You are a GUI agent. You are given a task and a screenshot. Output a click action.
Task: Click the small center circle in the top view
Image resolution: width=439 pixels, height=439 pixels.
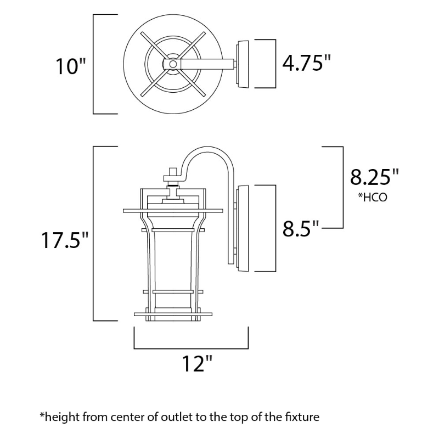[x=172, y=64]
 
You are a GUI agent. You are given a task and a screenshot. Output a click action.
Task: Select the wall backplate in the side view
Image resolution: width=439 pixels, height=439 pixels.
[x=242, y=228]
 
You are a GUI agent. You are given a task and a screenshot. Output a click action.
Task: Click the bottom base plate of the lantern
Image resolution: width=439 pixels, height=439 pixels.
[x=173, y=314]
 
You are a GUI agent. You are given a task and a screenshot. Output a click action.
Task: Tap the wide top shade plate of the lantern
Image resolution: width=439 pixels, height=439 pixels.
[x=173, y=210]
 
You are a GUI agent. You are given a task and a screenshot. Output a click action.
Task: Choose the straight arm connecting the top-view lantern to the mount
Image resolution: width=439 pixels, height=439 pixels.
[x=206, y=64]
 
